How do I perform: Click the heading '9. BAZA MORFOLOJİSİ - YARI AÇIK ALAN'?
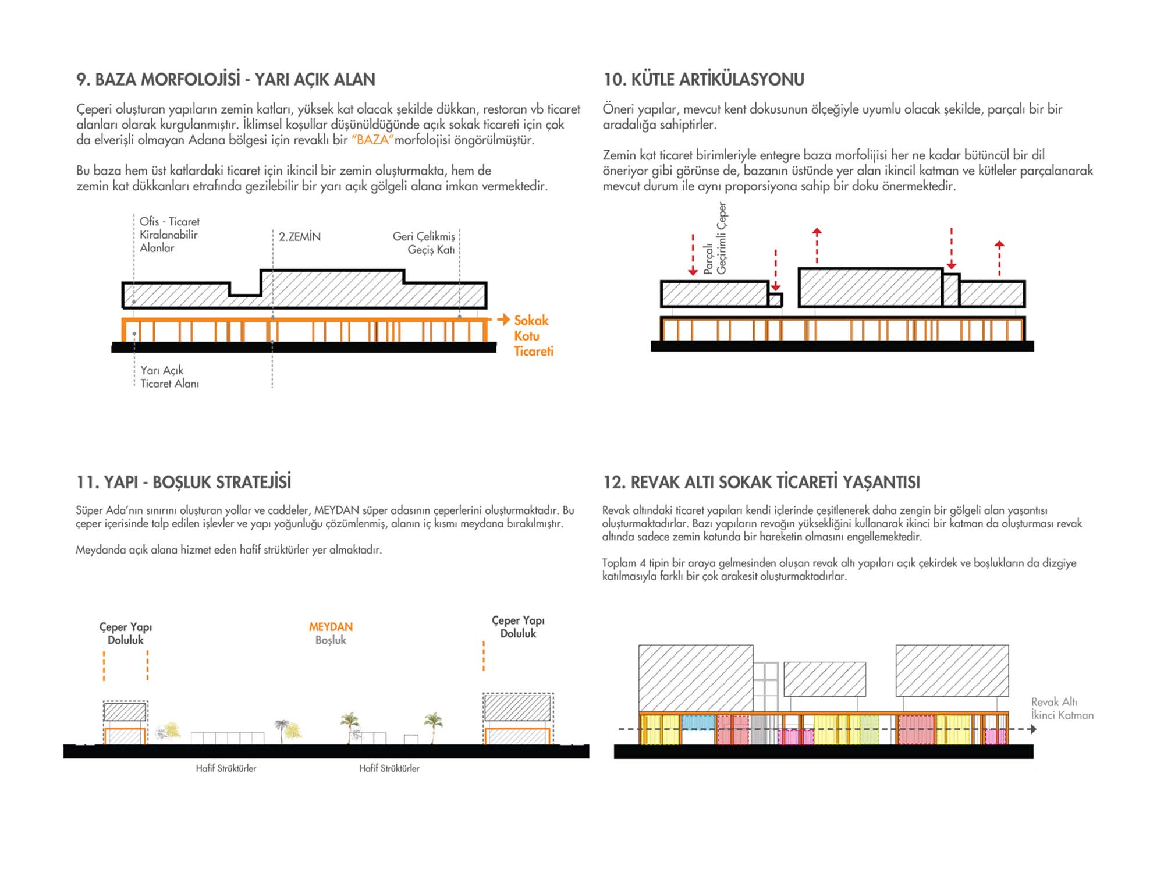tap(226, 79)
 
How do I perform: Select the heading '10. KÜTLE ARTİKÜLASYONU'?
tap(704, 79)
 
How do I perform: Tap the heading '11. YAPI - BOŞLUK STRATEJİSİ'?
tap(183, 482)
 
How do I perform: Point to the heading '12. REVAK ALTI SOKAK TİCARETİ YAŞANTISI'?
tap(762, 482)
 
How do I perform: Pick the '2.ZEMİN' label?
tap(299, 237)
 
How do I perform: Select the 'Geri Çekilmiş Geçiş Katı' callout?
tap(424, 243)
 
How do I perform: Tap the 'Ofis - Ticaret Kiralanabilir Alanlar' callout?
tap(169, 235)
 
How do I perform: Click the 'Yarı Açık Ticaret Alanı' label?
tap(169, 377)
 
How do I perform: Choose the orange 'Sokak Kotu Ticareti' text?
tap(533, 336)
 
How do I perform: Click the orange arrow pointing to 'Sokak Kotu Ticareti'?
tap(503, 319)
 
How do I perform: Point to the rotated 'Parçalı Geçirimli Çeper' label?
tap(715, 238)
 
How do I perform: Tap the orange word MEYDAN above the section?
tap(331, 627)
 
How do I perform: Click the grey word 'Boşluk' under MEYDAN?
tap(331, 640)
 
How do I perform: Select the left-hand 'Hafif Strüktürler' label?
tap(226, 768)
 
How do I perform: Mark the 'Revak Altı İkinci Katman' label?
tap(1062, 708)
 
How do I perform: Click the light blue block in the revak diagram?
tap(698, 722)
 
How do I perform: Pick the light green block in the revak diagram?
tap(869, 729)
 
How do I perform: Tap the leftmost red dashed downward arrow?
tap(693, 254)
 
